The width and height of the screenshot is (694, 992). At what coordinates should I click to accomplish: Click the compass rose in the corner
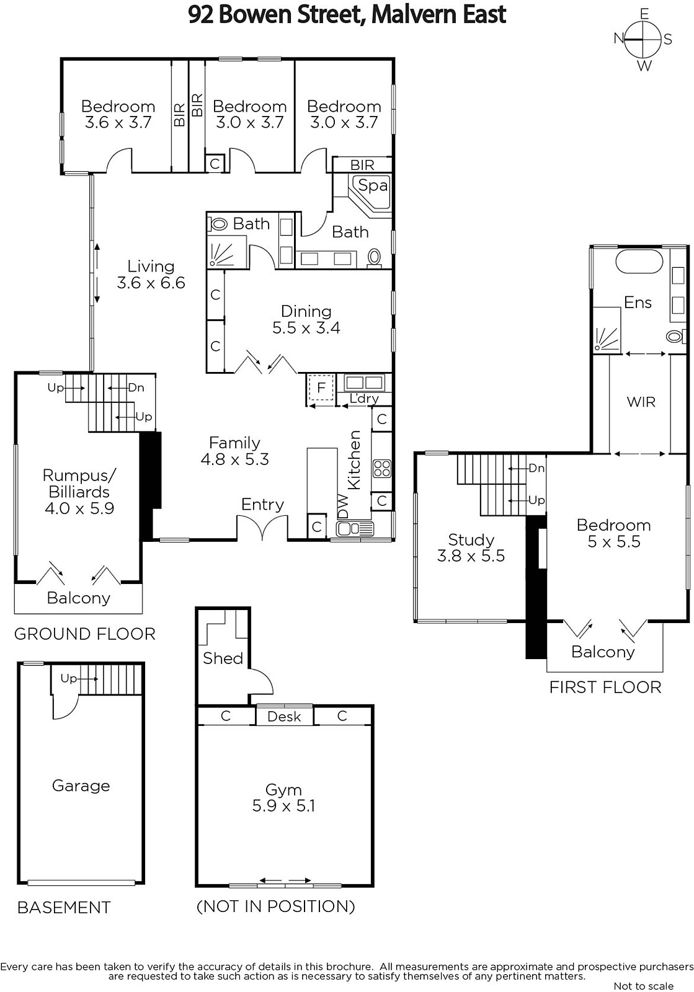(643, 40)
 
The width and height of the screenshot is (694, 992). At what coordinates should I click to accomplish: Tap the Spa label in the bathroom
(373, 185)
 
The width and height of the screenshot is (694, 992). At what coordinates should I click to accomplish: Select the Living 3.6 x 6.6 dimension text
(151, 283)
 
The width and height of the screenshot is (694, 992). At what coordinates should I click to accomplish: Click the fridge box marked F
(321, 388)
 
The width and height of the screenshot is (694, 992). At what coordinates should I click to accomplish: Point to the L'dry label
(364, 398)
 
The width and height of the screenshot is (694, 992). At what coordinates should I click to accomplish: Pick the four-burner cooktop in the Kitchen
(382, 469)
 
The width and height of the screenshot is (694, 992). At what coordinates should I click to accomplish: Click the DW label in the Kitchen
(344, 506)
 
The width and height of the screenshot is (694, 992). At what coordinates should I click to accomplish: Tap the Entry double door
(262, 528)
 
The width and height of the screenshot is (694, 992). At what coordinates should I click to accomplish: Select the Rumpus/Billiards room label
(80, 484)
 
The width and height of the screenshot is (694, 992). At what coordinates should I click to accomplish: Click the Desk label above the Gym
(284, 716)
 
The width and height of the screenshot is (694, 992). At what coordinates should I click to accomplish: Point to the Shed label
(223, 658)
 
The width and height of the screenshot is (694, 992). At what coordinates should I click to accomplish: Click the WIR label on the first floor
(641, 402)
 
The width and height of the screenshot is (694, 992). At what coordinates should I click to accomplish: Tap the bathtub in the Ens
(639, 262)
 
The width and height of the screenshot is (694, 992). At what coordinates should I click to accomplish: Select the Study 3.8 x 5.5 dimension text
(471, 556)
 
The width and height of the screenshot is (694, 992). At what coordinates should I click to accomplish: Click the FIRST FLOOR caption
(605, 687)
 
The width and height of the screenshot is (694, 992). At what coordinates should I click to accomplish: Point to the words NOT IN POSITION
(275, 906)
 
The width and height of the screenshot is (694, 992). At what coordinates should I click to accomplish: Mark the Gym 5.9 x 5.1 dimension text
(283, 805)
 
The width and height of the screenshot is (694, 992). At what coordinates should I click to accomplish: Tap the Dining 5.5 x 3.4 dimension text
(306, 328)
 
